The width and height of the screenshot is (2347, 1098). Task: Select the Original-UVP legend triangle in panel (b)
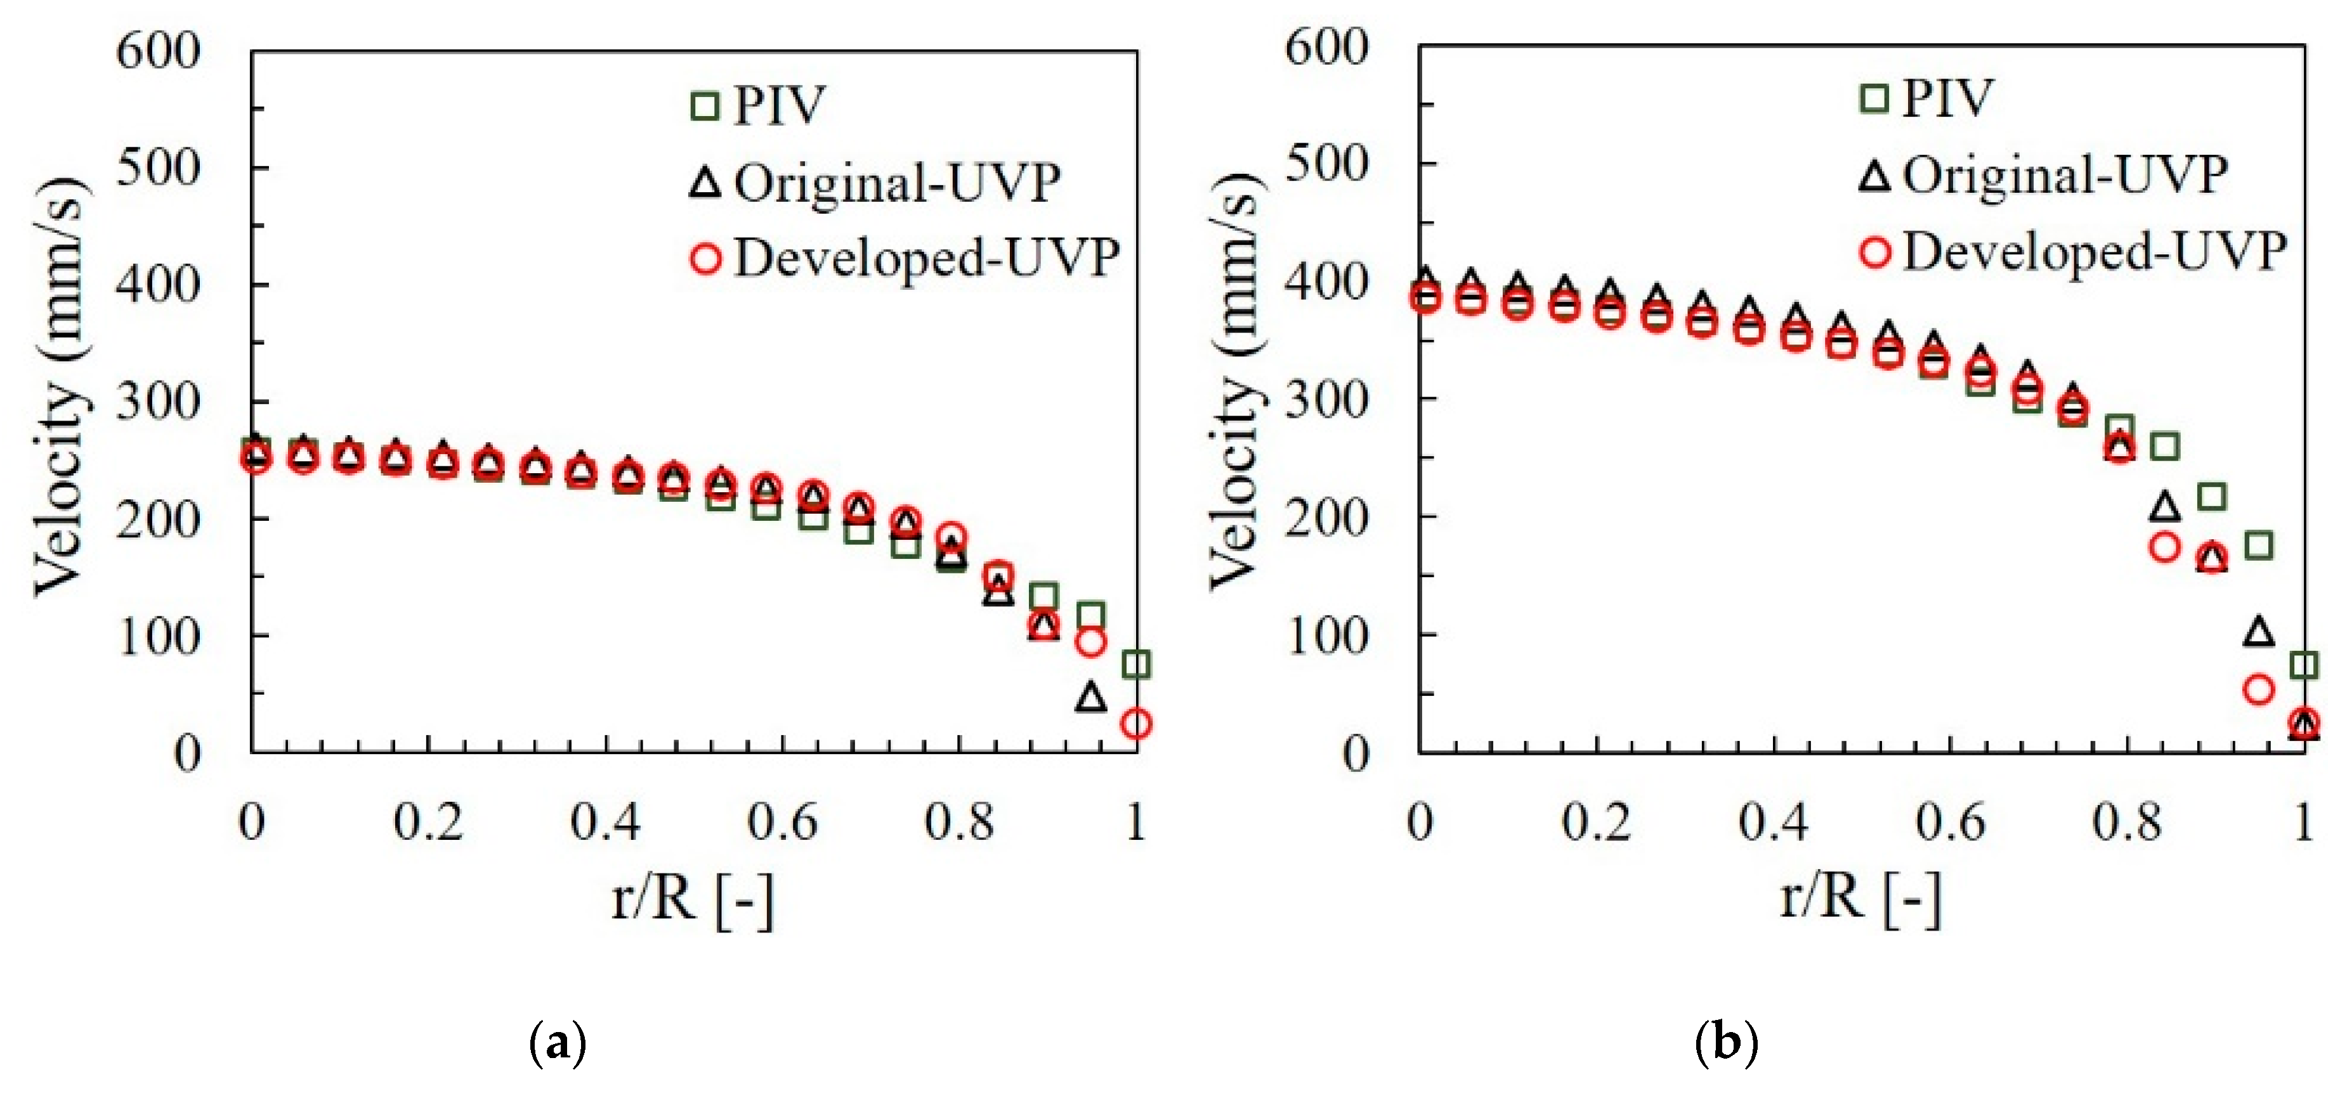(x=1874, y=175)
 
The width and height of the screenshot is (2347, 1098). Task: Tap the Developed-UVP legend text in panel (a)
(x=925, y=258)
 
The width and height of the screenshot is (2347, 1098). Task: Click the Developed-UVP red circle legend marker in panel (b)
(x=1875, y=251)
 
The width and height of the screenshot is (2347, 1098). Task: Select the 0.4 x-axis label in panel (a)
(x=605, y=822)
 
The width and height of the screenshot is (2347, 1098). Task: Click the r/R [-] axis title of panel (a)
(x=693, y=900)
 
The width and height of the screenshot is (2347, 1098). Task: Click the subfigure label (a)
(x=557, y=1042)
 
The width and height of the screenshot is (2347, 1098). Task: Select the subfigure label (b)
(x=1725, y=1042)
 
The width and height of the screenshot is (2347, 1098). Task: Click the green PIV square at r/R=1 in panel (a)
(x=1136, y=664)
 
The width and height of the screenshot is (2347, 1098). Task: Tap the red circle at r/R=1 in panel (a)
(x=1136, y=724)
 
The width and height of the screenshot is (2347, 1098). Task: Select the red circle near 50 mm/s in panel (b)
(x=2258, y=690)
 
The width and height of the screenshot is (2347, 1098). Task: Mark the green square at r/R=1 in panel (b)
(x=2303, y=665)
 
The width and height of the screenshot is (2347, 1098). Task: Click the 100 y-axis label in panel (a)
(x=157, y=636)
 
